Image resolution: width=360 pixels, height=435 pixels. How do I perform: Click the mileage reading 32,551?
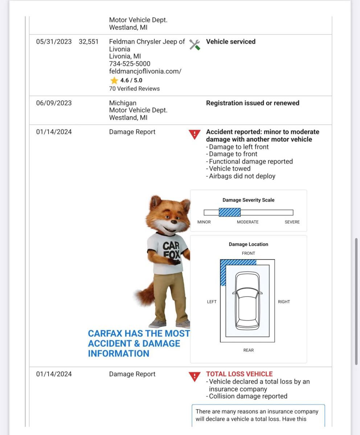[89, 42]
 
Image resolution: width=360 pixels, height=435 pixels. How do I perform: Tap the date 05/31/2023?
[54, 42]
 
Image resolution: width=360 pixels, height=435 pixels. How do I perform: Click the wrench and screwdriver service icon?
[195, 44]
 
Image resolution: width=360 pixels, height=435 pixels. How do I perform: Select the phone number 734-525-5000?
[130, 64]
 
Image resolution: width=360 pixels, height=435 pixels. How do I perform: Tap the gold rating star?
[114, 80]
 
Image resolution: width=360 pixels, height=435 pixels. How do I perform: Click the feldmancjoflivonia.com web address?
[145, 71]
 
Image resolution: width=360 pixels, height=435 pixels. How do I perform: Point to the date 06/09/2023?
[54, 103]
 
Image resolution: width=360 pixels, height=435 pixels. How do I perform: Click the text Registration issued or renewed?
[253, 103]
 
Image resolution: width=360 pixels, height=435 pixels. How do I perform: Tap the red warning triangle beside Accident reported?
[195, 134]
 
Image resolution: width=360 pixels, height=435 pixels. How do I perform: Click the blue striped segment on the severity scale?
[230, 212]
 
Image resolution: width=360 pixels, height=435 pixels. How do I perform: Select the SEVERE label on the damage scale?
[292, 222]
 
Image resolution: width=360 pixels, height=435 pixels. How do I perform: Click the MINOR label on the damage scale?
[204, 222]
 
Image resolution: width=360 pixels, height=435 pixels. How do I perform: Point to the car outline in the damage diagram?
[247, 301]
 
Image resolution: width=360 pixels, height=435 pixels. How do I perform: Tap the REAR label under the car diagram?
[249, 350]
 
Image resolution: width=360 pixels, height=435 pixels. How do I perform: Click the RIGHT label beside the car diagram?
[284, 302]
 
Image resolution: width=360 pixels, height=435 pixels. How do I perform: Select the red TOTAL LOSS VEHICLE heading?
[239, 374]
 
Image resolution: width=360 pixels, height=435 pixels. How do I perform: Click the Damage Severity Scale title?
[249, 200]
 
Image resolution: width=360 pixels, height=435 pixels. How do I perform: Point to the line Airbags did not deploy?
[242, 176]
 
